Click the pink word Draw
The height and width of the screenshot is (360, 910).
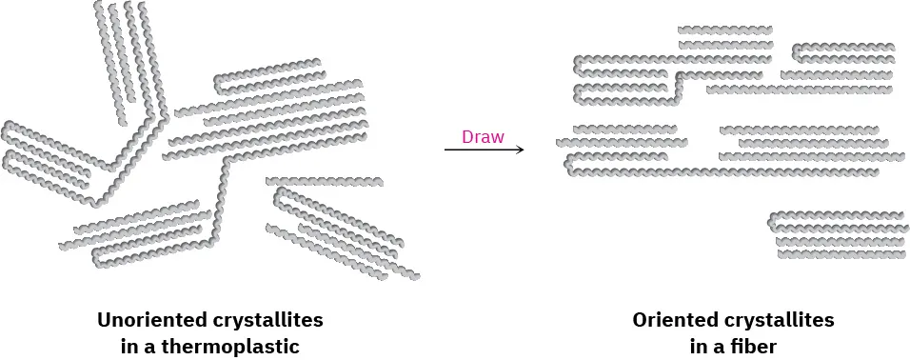coord(483,136)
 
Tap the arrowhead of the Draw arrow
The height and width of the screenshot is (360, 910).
coord(520,150)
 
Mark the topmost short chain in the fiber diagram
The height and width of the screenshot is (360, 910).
coord(725,30)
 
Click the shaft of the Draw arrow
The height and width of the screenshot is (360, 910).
coord(476,150)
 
